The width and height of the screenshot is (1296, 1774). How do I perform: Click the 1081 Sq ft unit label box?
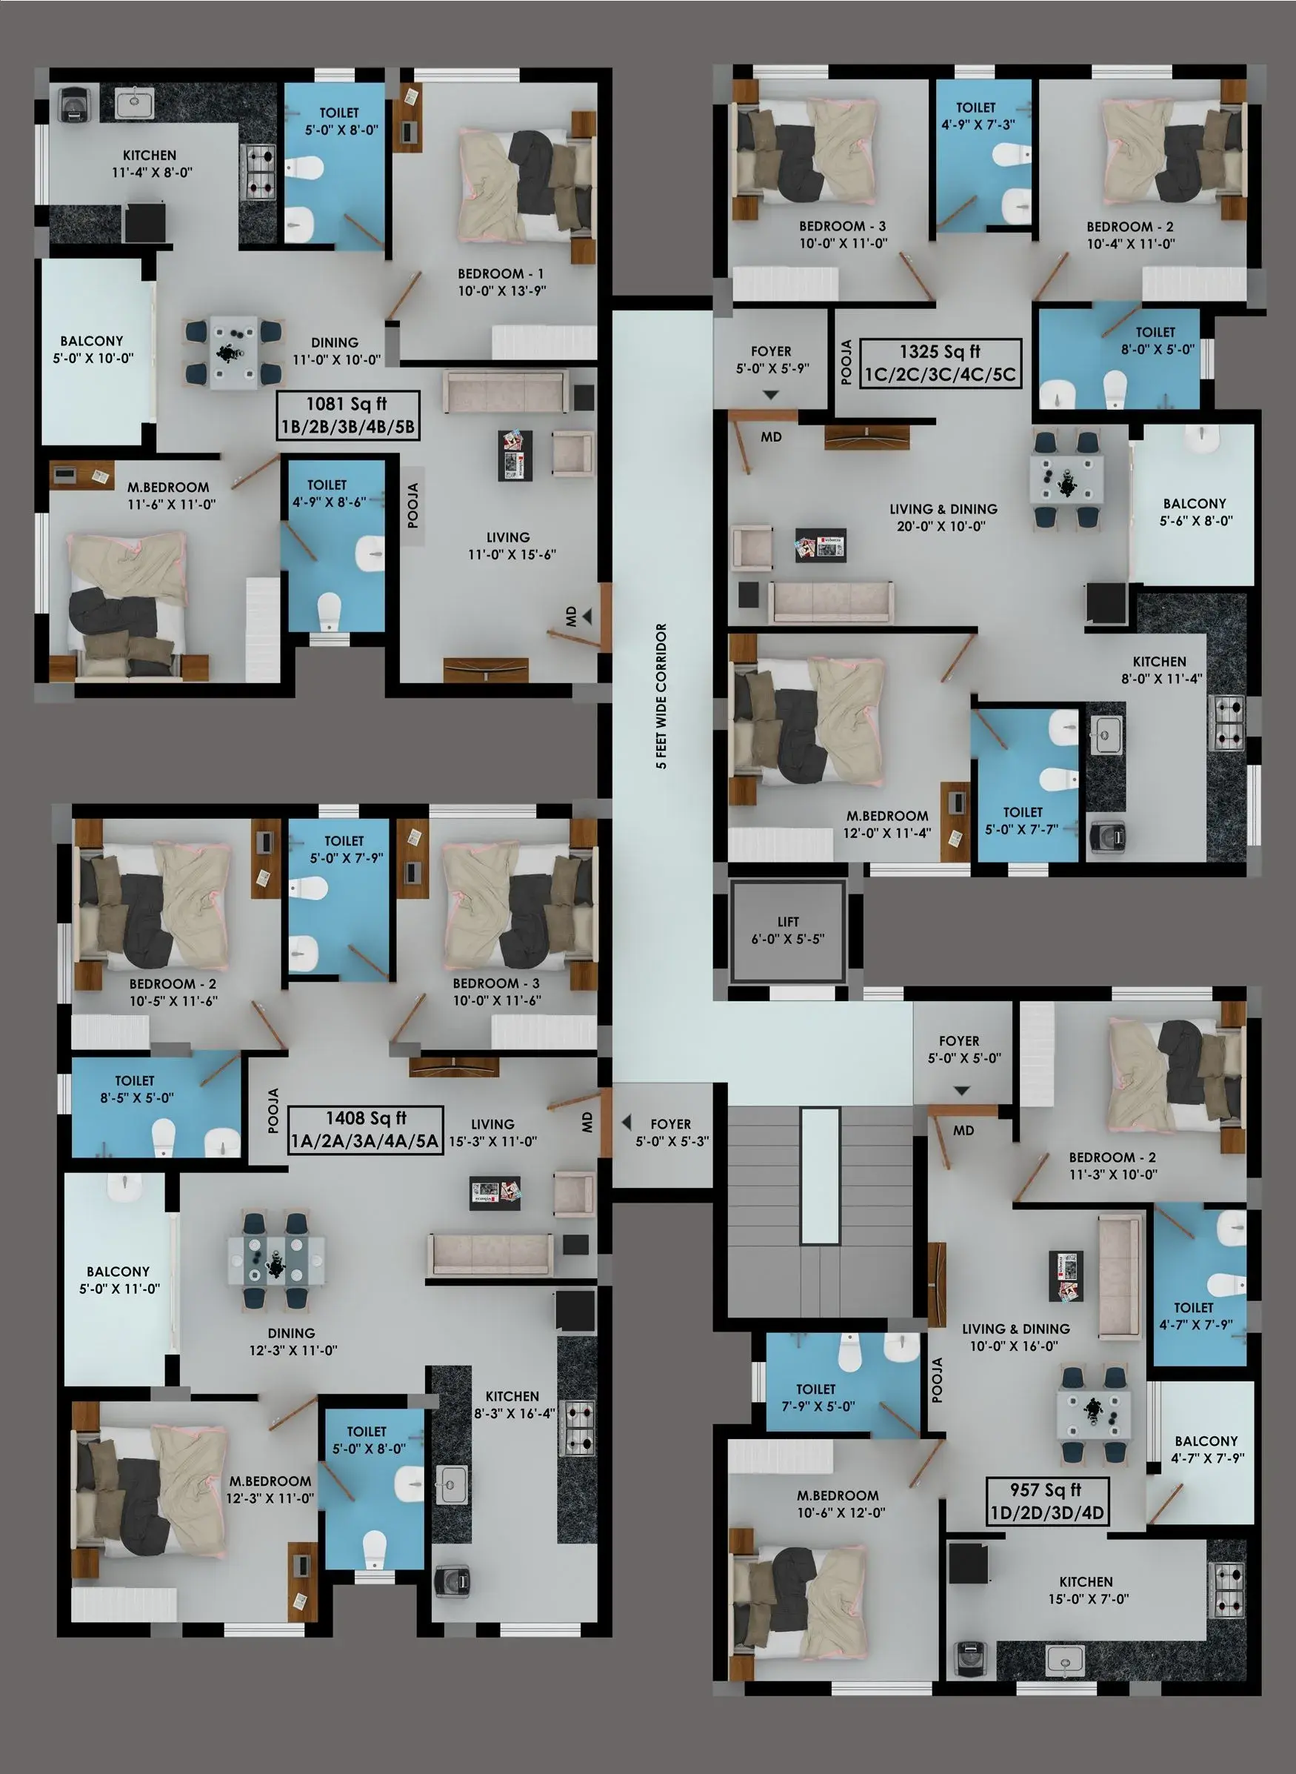coord(348,415)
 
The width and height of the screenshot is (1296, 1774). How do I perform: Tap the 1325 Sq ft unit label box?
coord(941,362)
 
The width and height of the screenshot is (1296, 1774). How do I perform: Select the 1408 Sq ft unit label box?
coord(366,1129)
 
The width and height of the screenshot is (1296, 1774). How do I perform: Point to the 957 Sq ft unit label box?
coord(1046,1501)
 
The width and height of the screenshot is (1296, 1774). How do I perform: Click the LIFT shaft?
coord(788,930)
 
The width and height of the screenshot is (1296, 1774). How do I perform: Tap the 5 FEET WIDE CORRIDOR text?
coord(661,697)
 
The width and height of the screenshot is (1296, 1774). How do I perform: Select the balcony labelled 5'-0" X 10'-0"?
coord(96,351)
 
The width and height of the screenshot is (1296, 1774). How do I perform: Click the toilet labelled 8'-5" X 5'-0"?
coord(157,1107)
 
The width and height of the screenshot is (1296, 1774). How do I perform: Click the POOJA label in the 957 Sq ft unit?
coord(938,1380)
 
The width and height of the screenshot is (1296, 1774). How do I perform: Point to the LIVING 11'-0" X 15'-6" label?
coord(511,545)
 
